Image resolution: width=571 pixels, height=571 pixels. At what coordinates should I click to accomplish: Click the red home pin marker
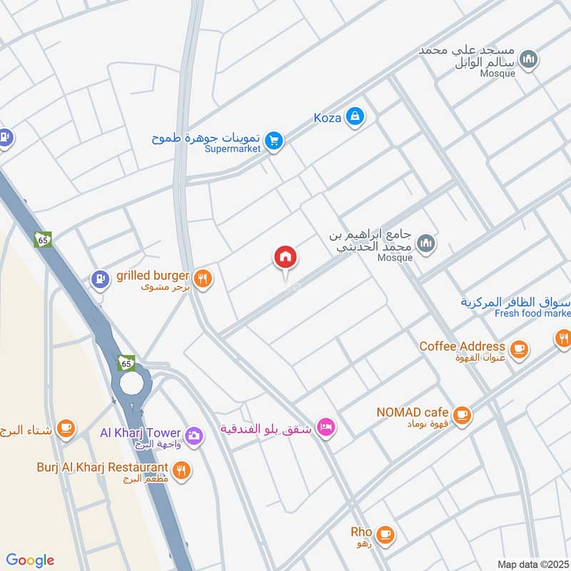tap(285, 258)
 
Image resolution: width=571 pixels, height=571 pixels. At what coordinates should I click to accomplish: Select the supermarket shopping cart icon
tap(273, 141)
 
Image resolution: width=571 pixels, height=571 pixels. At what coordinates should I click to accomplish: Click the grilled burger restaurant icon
tap(203, 279)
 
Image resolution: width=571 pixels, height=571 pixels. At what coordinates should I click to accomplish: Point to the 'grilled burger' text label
tap(153, 276)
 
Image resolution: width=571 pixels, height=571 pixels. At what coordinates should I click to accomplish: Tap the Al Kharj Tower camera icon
tap(193, 434)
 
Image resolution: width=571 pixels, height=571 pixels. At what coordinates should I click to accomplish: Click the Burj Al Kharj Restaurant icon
tap(181, 470)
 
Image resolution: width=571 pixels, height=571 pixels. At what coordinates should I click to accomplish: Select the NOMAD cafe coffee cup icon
tap(462, 413)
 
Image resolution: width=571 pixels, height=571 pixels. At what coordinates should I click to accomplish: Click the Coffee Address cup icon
tap(519, 348)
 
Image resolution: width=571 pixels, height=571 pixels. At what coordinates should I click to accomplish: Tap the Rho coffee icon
tap(385, 533)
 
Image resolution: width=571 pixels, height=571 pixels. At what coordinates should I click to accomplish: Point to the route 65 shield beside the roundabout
tap(126, 363)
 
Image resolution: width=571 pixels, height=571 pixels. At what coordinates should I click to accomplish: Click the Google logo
tap(30, 560)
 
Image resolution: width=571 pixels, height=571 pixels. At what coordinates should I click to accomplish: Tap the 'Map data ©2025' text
tap(532, 564)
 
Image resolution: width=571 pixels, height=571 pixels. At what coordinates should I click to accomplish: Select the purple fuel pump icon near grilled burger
tap(101, 278)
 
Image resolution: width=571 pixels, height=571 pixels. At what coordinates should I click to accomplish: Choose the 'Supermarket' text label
tap(233, 149)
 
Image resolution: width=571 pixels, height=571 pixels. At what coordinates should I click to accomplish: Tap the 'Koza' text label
tap(327, 118)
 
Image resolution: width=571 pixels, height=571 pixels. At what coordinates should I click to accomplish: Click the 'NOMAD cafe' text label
tap(413, 412)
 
